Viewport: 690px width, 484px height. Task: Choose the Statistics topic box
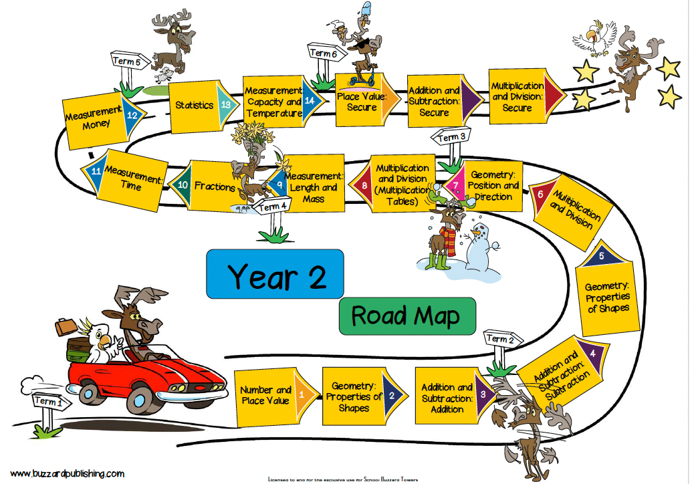click(x=195, y=105)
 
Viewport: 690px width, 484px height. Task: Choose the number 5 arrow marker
click(x=602, y=256)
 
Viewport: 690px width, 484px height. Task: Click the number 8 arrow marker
click(x=364, y=187)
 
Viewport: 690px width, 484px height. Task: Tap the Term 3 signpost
click(x=450, y=138)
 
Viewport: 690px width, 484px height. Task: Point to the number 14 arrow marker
click(x=310, y=101)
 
